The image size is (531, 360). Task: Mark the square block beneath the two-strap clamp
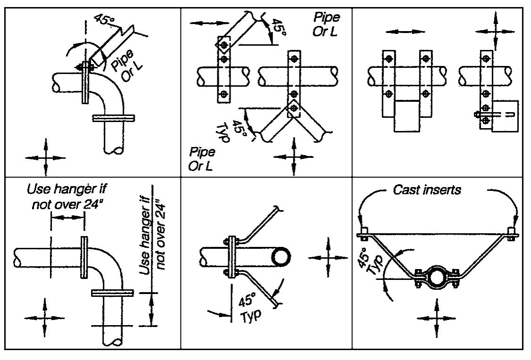tap(406, 115)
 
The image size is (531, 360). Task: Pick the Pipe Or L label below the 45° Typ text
tap(200, 159)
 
